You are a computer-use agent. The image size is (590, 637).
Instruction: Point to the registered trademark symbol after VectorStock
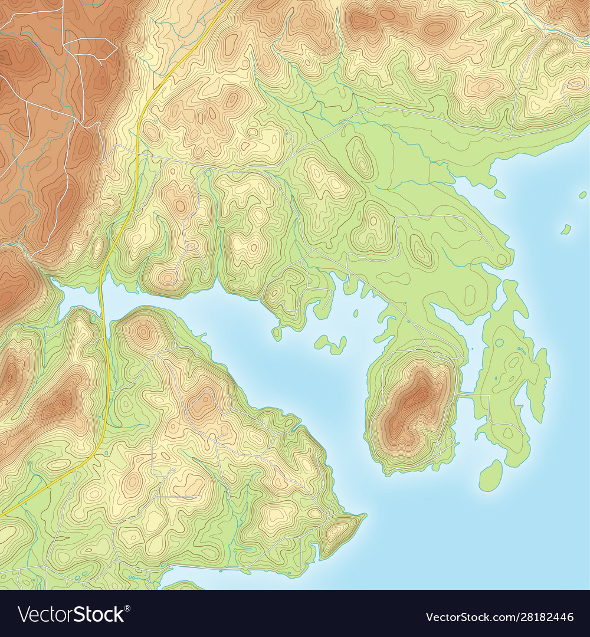click(127, 608)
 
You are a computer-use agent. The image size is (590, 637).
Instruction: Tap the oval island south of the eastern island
click(490, 475)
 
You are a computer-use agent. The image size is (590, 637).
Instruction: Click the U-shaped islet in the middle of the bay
click(331, 344)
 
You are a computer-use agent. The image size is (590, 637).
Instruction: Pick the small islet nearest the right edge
click(583, 194)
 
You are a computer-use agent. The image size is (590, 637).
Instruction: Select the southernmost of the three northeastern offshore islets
click(566, 229)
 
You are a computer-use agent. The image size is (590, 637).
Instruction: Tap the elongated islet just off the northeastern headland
click(500, 193)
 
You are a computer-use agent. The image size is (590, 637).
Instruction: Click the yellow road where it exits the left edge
click(2, 515)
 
